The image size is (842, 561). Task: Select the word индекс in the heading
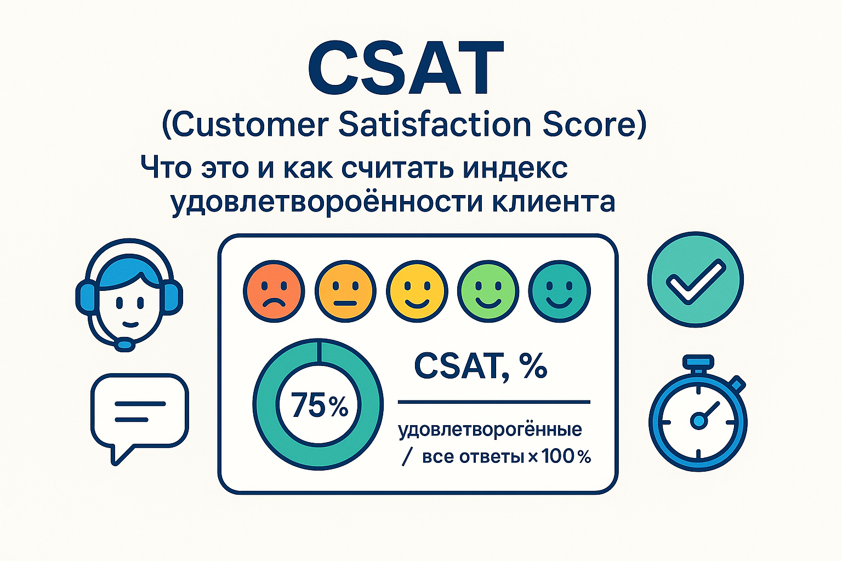515,168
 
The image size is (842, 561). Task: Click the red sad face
274,291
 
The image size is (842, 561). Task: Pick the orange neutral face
345,291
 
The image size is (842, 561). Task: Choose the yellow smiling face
417,291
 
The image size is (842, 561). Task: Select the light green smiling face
488,291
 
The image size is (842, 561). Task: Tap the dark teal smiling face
559,291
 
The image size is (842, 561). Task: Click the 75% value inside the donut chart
319,405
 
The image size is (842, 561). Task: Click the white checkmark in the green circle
696,281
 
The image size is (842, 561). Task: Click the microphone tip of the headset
125,345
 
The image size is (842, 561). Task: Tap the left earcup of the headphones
86,298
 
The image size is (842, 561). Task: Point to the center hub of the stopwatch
698,420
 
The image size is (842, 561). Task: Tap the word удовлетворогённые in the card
490,430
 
